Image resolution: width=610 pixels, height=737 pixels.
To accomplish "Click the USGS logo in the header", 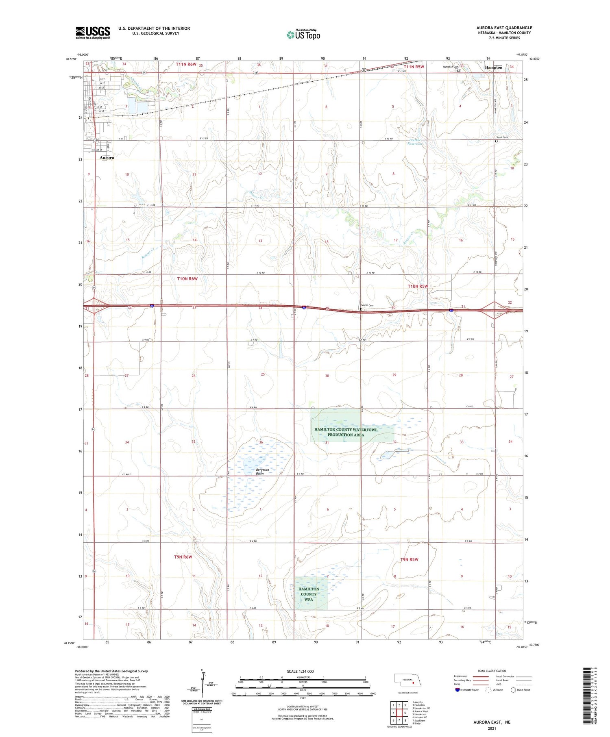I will (x=93, y=33).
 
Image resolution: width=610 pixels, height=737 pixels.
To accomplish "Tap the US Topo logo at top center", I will (x=303, y=35).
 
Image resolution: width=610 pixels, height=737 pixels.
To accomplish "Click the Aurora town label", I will (x=107, y=157).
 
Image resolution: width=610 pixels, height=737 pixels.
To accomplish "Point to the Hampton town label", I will (x=493, y=67).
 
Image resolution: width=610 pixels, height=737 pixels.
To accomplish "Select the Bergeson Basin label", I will (x=262, y=472).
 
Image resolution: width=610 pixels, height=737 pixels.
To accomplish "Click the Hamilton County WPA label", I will (x=309, y=594).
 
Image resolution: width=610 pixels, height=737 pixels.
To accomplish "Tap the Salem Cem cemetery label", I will (x=367, y=306).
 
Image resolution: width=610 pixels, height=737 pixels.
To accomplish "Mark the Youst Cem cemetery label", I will (x=502, y=137).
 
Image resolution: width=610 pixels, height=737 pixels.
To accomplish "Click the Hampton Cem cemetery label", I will (x=451, y=67).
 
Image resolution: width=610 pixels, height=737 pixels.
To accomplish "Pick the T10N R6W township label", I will (x=187, y=278).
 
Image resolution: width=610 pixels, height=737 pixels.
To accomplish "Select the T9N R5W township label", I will (x=409, y=559).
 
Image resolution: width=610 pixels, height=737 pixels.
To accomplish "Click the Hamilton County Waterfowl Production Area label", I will (x=346, y=432).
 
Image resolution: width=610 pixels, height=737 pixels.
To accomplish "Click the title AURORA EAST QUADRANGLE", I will (x=504, y=28).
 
